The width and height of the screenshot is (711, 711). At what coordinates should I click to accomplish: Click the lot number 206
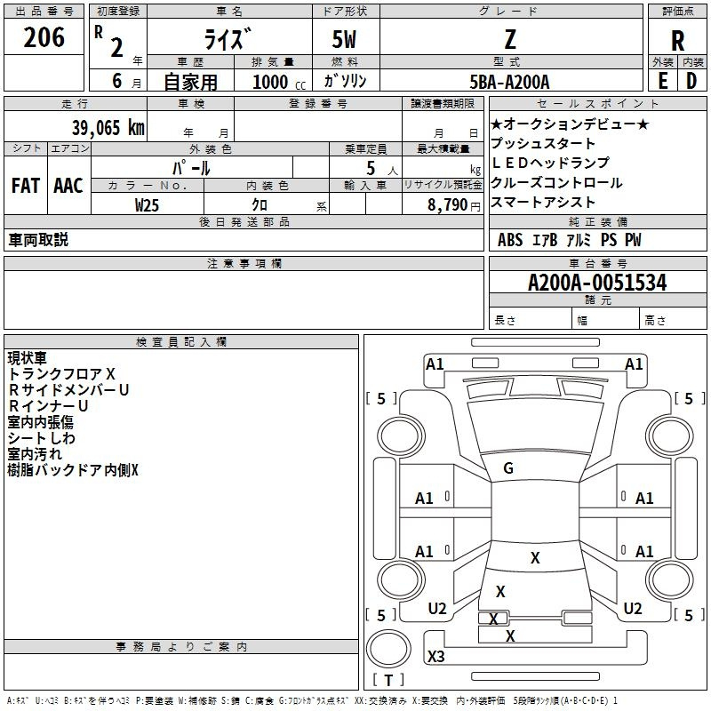(44, 38)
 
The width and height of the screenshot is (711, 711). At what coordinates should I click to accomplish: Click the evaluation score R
(677, 41)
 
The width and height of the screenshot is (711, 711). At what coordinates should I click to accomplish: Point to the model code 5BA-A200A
(509, 82)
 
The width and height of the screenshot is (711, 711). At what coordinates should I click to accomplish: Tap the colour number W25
(147, 204)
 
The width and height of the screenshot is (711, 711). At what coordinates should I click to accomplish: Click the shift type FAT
(25, 186)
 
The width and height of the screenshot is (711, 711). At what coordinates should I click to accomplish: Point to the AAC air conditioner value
(68, 186)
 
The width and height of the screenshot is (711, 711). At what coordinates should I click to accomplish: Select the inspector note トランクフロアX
(61, 374)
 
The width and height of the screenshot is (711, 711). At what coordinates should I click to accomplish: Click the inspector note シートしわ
(42, 438)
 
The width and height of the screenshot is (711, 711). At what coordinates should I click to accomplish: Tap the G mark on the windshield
(508, 468)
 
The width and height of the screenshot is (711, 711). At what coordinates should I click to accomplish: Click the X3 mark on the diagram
(436, 657)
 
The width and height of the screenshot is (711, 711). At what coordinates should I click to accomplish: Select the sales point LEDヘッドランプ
(550, 163)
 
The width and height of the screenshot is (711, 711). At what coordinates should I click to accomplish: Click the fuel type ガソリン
(346, 82)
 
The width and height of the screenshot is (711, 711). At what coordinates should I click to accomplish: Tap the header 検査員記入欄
(181, 342)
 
